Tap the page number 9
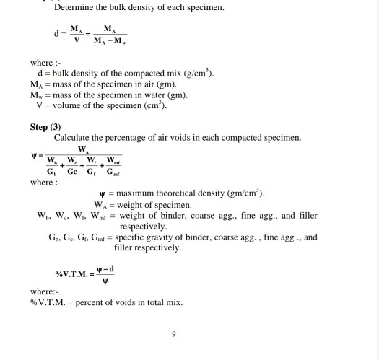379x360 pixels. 174,333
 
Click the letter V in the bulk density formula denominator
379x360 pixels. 72,38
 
